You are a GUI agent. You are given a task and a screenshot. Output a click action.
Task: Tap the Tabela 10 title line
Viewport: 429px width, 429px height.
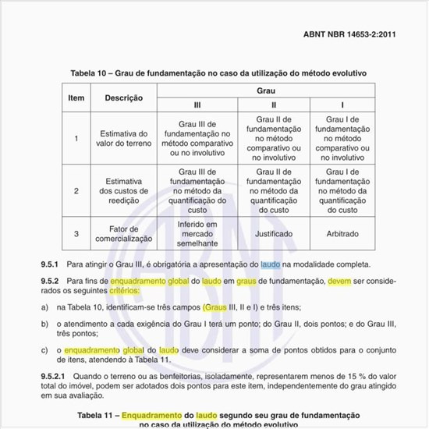click(218, 73)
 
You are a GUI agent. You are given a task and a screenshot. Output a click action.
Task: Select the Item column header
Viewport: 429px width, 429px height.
click(76, 98)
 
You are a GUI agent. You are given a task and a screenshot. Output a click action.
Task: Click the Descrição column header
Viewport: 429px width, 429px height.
click(123, 98)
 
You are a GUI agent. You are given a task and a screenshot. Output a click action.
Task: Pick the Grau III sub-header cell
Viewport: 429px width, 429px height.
click(197, 105)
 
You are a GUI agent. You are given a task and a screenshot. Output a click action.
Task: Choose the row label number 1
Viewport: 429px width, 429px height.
click(76, 139)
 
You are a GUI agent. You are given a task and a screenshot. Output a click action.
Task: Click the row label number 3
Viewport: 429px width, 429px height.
click(76, 233)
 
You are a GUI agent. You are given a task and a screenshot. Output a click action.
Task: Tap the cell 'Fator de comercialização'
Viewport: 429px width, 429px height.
click(124, 233)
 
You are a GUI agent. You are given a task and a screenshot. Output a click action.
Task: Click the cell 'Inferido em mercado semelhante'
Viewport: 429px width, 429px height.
click(197, 233)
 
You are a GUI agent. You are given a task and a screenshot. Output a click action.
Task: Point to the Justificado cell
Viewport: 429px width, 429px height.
click(273, 233)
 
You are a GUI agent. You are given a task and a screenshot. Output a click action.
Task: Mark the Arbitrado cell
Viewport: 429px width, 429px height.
click(341, 233)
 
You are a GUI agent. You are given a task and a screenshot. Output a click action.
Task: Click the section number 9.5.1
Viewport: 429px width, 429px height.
click(51, 265)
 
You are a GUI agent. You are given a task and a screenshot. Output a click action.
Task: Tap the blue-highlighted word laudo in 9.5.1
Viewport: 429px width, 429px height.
click(270, 265)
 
